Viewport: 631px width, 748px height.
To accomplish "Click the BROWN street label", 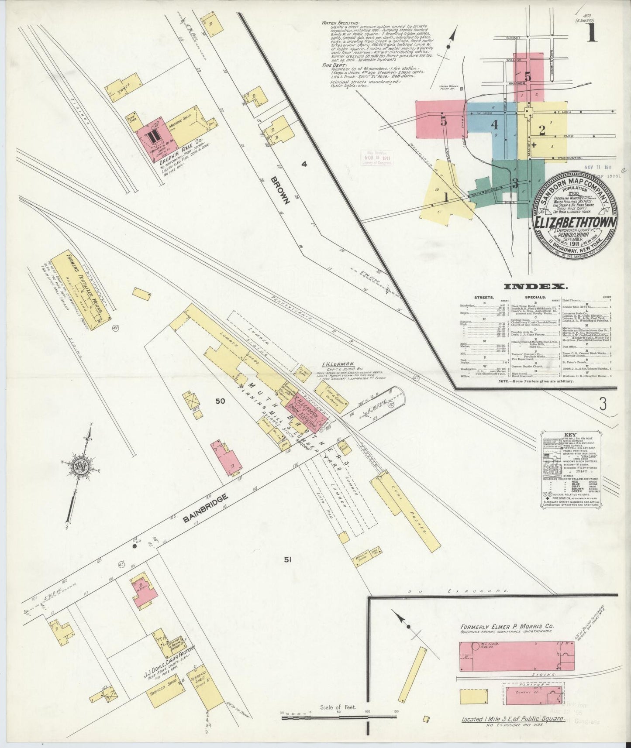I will (280, 191).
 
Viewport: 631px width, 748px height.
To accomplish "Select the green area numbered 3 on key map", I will (515, 183).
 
